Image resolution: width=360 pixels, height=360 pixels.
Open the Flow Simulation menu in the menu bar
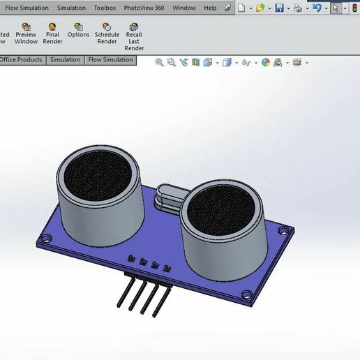pos(27,8)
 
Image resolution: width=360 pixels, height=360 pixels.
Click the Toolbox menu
pos(105,8)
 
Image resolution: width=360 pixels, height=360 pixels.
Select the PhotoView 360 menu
pos(144,8)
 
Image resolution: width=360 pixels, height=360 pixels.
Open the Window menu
pos(183,8)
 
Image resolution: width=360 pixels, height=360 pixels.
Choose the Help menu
pos(210,8)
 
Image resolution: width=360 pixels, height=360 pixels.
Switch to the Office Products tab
pos(21,60)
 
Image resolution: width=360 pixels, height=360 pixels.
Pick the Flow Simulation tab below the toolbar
pos(110,60)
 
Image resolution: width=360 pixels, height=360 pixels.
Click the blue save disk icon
pos(279,8)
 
